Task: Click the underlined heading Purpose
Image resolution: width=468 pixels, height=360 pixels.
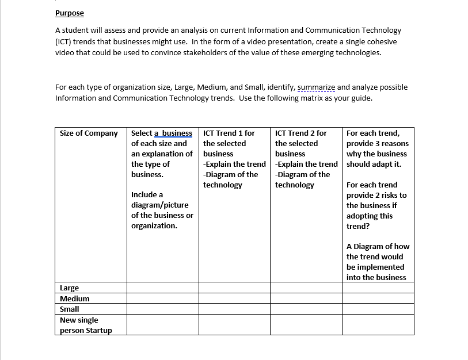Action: pyautogui.click(x=69, y=13)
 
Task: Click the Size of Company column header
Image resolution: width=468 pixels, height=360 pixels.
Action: pyautogui.click(x=89, y=133)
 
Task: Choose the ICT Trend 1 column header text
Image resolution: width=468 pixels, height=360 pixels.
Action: pyautogui.click(x=229, y=133)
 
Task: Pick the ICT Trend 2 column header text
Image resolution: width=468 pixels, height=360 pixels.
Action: pyautogui.click(x=300, y=133)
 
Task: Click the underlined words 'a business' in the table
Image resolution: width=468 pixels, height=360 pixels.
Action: pyautogui.click(x=173, y=133)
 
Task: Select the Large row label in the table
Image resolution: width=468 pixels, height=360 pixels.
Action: pyautogui.click(x=70, y=288)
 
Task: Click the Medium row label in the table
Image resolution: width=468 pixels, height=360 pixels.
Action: pyautogui.click(x=75, y=298)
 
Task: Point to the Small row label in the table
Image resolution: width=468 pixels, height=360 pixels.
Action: pyautogui.click(x=70, y=309)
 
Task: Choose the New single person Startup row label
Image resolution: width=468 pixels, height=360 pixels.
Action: pyautogui.click(x=86, y=325)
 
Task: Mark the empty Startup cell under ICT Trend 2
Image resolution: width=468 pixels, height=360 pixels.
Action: pyautogui.click(x=306, y=325)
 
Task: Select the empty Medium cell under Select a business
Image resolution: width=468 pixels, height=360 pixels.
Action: pyautogui.click(x=163, y=298)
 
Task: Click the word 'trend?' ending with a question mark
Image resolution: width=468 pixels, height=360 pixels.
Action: pyautogui.click(x=358, y=226)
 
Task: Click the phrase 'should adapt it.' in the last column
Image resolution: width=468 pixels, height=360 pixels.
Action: pyautogui.click(x=374, y=164)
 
